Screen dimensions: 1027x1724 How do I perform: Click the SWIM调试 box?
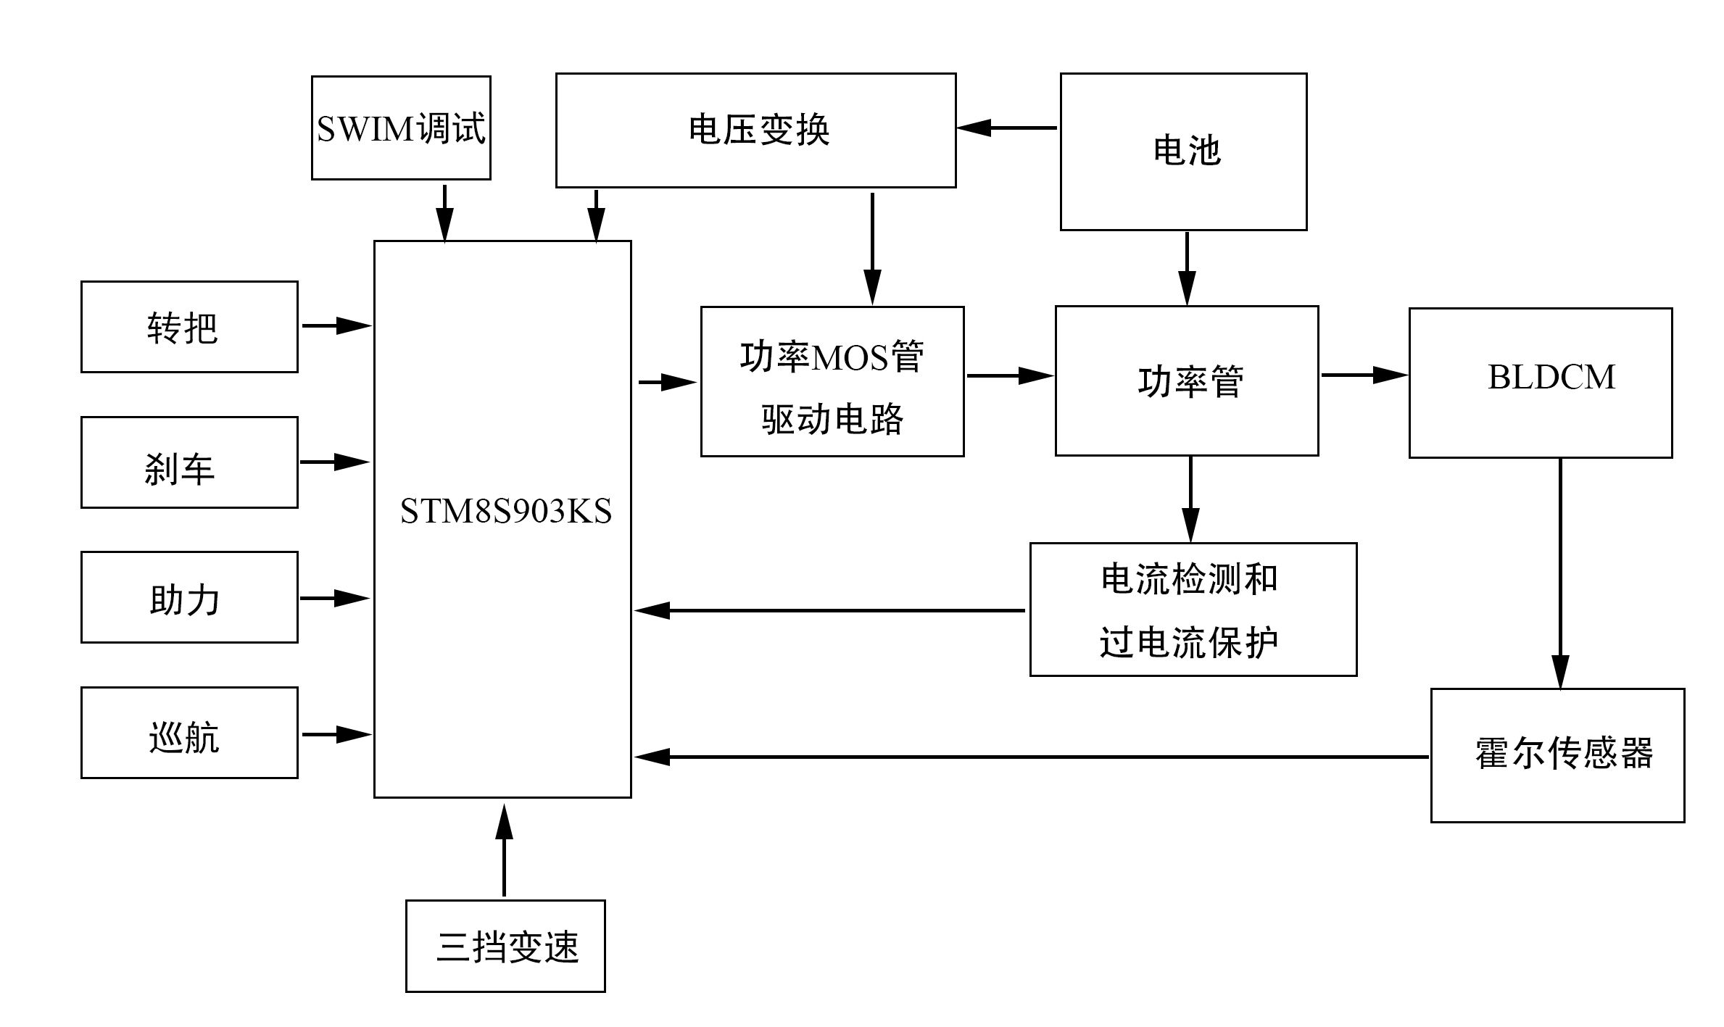401,128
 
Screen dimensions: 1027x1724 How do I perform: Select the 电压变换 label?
758,130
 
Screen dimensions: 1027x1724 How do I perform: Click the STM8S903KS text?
505,512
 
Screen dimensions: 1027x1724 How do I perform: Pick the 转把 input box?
189,327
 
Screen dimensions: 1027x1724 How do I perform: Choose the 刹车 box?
189,462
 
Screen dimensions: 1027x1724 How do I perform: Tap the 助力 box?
189,597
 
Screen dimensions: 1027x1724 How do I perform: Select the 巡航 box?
189,733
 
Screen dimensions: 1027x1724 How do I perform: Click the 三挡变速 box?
505,946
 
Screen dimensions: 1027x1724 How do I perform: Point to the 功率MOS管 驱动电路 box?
832,382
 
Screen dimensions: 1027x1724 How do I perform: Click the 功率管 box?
1187,381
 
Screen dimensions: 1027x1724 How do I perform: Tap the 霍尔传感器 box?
1557,755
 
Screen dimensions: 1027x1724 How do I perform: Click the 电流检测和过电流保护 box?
1193,610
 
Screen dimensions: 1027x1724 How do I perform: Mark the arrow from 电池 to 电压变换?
1008,128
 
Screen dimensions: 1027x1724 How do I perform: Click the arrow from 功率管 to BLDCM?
1364,375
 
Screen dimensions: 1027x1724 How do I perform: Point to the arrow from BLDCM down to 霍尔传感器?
1560,573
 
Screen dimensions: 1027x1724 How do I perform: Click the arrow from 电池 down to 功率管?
1187,268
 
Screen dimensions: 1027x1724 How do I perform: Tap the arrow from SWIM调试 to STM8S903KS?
444,213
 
